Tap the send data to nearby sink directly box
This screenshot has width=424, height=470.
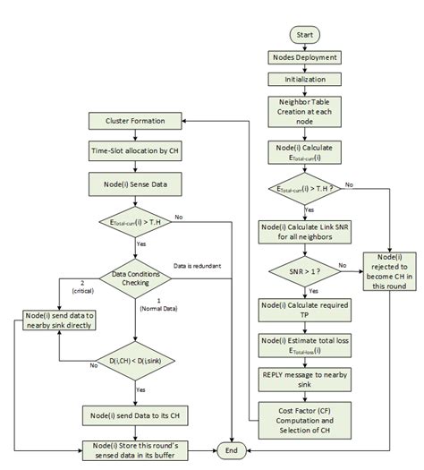(x=60, y=321)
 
